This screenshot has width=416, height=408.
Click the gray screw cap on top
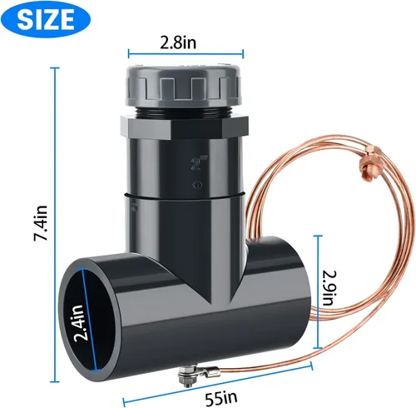tap(185, 83)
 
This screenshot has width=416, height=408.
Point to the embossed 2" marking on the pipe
tap(195, 157)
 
